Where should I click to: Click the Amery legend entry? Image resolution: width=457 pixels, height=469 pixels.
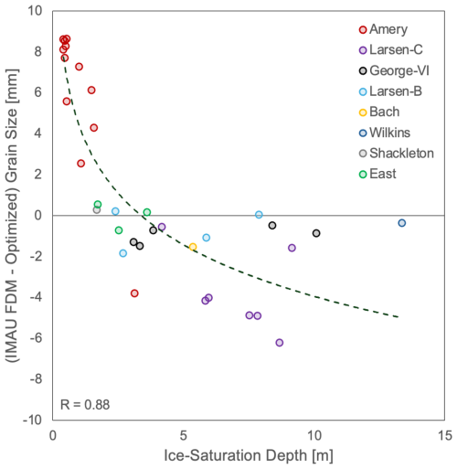pos(383,29)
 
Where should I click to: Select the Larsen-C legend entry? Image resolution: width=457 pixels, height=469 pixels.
pos(391,50)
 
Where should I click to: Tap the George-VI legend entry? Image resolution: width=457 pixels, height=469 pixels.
pos(394,70)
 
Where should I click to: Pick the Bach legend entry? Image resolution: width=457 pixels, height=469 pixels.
pos(379,112)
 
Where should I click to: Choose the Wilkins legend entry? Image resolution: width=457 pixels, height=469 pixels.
pos(385,133)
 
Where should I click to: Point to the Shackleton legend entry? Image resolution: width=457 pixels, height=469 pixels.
pos(397,154)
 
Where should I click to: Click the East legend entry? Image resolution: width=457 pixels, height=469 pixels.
pos(377,174)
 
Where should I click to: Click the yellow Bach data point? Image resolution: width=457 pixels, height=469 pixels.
pos(193,247)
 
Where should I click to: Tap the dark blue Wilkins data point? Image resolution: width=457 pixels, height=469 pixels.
pos(402,223)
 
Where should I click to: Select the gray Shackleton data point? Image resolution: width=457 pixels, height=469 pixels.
pos(97,210)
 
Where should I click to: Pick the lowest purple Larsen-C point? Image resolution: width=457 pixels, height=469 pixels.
pos(280,343)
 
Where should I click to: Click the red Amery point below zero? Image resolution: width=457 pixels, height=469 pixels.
pos(134,293)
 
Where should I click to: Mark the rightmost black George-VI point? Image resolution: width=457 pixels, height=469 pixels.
pos(316,233)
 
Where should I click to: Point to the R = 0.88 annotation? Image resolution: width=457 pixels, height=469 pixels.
pos(85,405)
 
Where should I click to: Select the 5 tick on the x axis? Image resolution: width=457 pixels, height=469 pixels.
pos(183,436)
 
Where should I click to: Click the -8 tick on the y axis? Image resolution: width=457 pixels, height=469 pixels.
pos(36,379)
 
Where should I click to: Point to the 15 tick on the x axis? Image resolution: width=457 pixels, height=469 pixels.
pos(445,436)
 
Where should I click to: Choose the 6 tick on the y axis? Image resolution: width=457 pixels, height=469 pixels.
pos(38,92)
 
